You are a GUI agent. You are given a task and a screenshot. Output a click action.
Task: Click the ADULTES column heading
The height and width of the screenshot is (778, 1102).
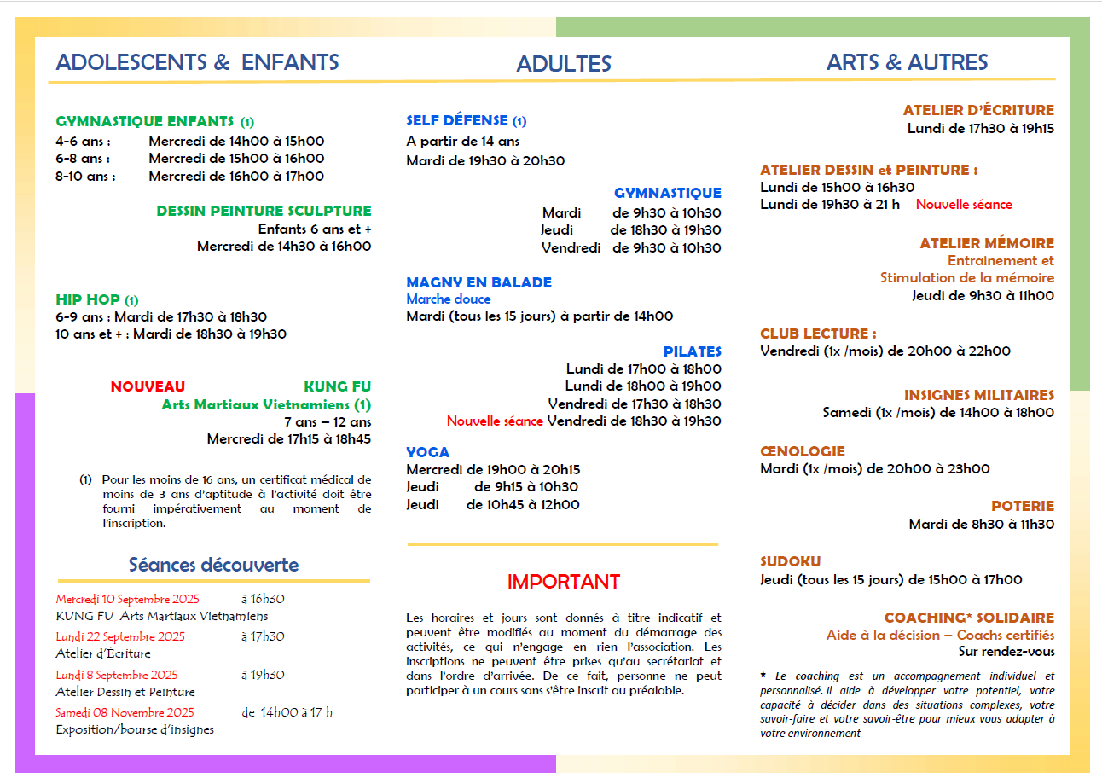coord(563,64)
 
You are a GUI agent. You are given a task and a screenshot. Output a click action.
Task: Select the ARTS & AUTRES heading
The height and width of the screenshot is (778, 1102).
coord(907,62)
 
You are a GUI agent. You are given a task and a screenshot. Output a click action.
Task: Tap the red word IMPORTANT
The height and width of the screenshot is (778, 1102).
coord(563,582)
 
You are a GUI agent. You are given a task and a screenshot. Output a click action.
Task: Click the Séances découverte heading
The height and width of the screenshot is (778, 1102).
coord(213,565)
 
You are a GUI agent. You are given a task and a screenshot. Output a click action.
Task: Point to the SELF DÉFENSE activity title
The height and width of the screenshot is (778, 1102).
coord(457,121)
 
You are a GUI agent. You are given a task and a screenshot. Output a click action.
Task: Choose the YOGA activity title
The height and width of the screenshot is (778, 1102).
coord(427,452)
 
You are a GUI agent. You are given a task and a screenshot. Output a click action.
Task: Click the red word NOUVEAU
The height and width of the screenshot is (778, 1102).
coord(148,386)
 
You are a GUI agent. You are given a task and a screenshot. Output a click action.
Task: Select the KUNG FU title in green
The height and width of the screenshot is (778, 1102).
coord(337,386)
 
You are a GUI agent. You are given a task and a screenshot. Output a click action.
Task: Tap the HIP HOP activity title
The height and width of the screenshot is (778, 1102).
coord(88,299)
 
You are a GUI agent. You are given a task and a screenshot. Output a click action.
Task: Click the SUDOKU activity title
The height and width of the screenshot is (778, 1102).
coord(790,561)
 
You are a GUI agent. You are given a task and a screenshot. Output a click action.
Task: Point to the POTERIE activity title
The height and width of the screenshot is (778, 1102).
coord(1022,506)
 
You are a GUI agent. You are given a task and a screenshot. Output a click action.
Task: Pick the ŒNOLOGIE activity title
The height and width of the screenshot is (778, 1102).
coord(802,451)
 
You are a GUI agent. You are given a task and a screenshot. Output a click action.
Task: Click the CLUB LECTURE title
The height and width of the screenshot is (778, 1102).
coord(817,334)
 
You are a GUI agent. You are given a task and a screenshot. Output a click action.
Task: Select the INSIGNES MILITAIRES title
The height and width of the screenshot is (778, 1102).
coord(978,395)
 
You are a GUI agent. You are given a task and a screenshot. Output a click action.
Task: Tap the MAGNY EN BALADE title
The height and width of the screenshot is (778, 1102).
coord(478,282)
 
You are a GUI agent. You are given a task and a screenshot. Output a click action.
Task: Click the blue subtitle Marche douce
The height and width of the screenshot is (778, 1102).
coord(448,299)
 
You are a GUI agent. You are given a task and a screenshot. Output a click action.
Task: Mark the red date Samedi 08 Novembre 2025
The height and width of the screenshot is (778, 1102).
coord(125,712)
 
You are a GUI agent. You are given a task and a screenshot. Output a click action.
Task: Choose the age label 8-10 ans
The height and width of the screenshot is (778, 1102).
coord(85,177)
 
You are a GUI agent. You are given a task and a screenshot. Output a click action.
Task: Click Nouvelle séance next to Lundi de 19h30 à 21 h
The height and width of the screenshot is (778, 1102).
coord(964,205)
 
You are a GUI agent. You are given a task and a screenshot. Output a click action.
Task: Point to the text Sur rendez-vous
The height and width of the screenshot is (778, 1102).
coord(1006,652)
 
